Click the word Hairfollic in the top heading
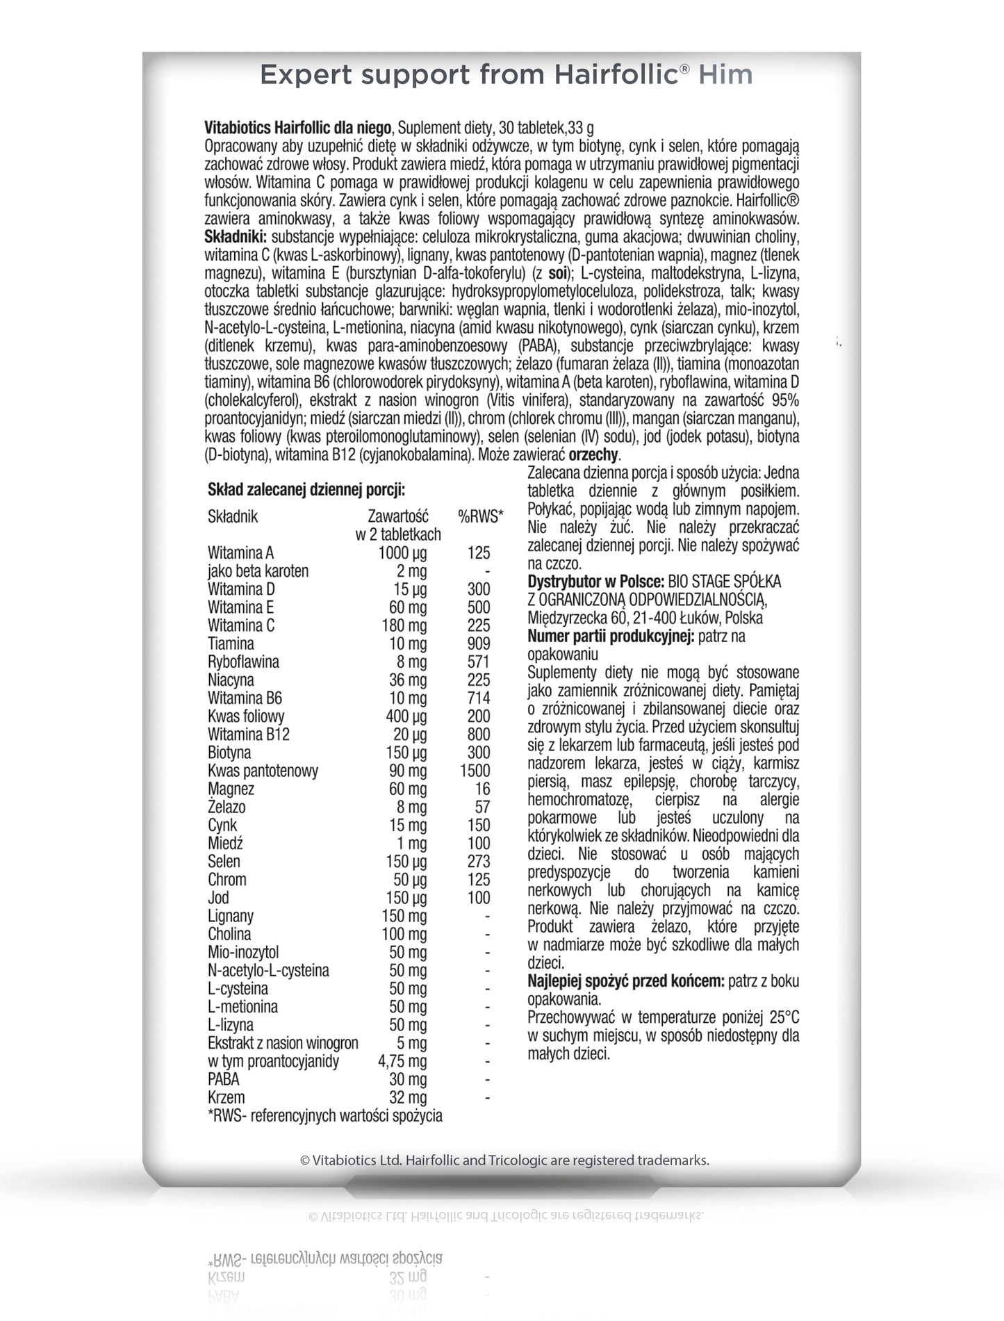(615, 74)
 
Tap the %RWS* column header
(481, 516)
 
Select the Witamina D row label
(241, 589)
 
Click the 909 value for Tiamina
(479, 643)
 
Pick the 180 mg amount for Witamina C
(404, 625)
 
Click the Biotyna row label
(229, 753)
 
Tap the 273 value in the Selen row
(479, 862)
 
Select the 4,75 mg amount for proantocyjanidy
(402, 1061)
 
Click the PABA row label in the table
(223, 1079)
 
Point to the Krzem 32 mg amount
(409, 1098)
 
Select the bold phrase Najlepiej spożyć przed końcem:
(625, 981)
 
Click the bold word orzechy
(593, 455)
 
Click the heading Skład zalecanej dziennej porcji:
(306, 490)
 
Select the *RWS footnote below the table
(324, 1116)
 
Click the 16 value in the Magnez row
(483, 789)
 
